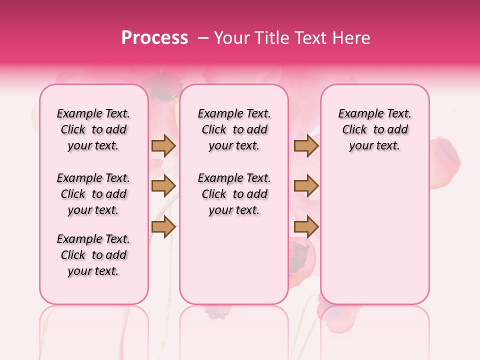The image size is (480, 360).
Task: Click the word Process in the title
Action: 154,38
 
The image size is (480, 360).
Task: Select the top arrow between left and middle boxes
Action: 163,145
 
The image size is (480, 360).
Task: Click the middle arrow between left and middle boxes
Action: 163,186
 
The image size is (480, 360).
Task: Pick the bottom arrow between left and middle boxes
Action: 163,227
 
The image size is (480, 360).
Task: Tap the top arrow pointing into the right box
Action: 306,145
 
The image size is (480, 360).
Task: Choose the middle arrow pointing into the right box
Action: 306,186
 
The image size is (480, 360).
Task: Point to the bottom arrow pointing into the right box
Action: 306,227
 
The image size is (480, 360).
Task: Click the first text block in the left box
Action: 93,129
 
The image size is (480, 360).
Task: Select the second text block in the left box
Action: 93,194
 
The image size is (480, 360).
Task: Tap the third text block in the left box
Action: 93,255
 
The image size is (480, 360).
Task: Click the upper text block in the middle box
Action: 234,129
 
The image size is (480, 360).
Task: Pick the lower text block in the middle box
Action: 234,194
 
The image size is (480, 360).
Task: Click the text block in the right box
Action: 375,129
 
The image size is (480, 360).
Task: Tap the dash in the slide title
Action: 202,38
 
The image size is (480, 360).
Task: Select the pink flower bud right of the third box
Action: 444,163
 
